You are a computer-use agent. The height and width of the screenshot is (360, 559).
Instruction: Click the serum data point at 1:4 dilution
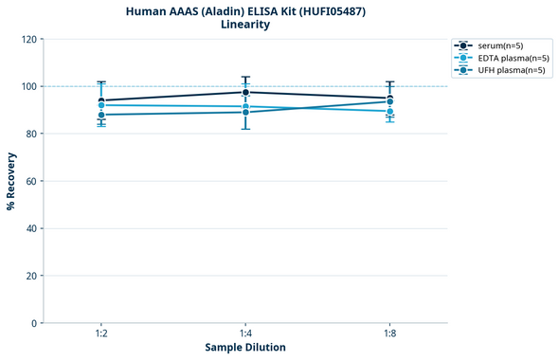click(245, 92)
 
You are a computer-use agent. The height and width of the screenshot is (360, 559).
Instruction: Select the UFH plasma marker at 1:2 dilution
click(101, 115)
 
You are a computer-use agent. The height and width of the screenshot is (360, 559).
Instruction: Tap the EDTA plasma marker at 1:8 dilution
click(389, 111)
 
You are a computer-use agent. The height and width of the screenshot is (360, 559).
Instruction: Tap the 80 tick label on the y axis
click(30, 134)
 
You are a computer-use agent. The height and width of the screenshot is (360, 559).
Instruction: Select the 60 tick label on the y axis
click(30, 181)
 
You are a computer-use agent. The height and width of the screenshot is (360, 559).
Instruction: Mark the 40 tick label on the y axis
click(30, 228)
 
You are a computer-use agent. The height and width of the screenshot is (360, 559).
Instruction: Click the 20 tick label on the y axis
click(30, 276)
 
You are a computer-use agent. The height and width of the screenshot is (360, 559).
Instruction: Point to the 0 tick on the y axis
click(33, 323)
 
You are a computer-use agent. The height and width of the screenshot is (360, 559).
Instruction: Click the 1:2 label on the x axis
click(101, 334)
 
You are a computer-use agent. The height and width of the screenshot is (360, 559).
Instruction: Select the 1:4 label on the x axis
click(245, 334)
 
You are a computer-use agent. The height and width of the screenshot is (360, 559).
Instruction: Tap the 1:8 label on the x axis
click(389, 334)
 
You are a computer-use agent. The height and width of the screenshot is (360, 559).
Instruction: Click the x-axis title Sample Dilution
click(245, 348)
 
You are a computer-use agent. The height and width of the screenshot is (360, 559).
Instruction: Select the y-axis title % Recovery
click(11, 181)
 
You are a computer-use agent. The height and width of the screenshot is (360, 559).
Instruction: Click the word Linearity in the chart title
click(245, 25)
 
